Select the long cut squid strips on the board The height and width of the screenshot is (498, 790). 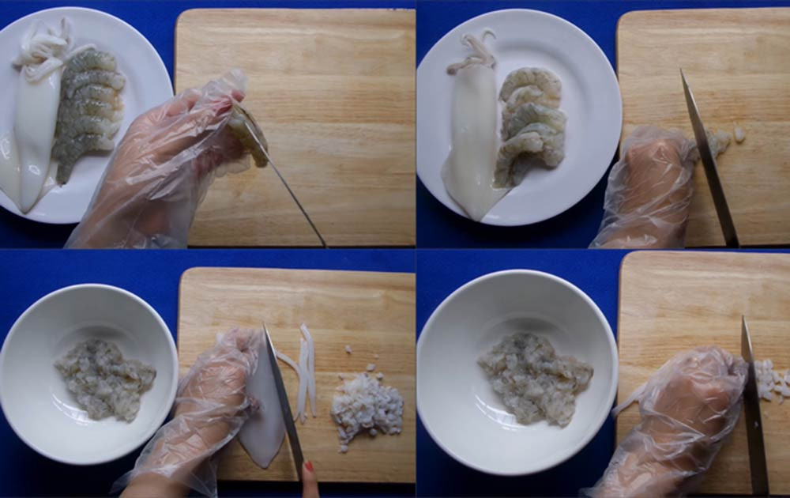(x=305, y=372)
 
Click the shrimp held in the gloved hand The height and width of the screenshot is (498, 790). (x=250, y=138)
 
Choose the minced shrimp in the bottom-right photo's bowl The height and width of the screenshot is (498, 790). (x=534, y=378)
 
